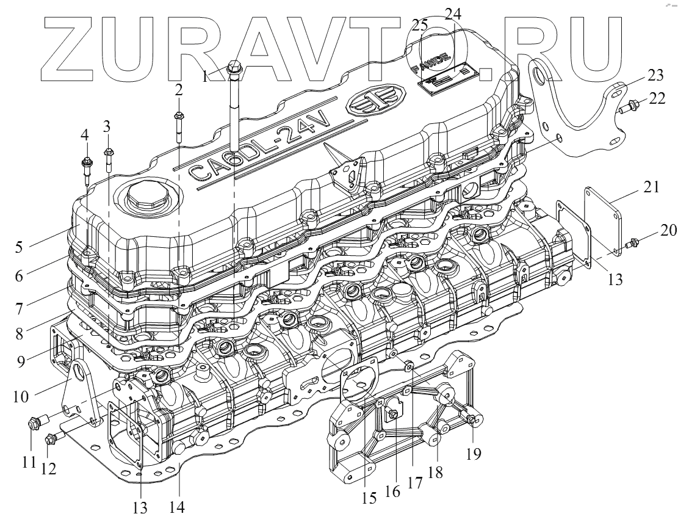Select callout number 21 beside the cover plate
tap(651, 187)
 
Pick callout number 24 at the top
tap(452, 13)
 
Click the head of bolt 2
tap(178, 115)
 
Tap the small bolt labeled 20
tap(635, 244)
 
